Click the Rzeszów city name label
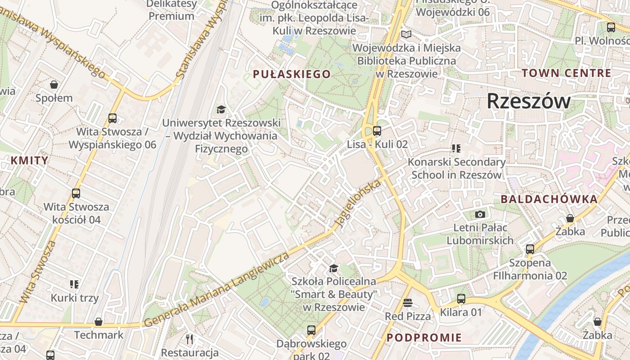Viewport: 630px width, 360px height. coord(528,101)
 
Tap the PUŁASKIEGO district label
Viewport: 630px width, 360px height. coord(292,74)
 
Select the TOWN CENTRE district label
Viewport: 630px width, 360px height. coord(567,73)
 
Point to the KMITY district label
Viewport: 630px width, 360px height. coord(29,161)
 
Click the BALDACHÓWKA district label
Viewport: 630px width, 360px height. coord(549,199)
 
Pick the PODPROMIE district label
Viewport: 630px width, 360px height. coord(424,337)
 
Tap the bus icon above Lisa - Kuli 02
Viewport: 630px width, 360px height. coord(377,131)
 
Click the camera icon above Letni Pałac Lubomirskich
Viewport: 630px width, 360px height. coord(480,214)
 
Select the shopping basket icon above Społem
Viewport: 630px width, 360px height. coord(54,85)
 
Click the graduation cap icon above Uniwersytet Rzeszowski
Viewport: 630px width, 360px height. coord(221,109)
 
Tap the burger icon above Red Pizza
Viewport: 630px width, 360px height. coord(408,303)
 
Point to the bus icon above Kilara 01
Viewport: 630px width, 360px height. coord(461,299)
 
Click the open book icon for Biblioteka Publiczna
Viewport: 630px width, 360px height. coord(406,34)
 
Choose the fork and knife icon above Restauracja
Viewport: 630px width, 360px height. coord(189,339)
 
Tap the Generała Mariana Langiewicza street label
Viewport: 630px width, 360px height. coord(217,291)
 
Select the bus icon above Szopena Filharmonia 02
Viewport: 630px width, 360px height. coord(530,249)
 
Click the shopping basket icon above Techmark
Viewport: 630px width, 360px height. coord(99,322)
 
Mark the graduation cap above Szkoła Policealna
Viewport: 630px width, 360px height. coord(333,269)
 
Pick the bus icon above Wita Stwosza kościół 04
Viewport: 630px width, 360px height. coord(76,193)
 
